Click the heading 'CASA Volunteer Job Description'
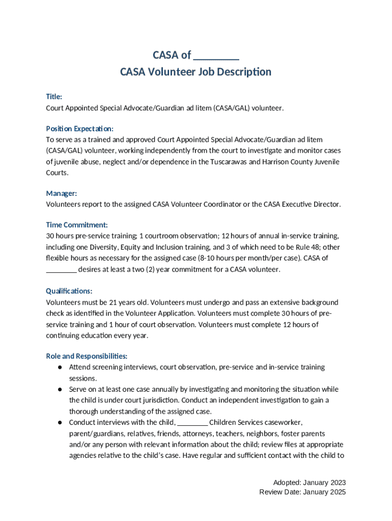(x=195, y=72)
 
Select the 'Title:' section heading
(x=54, y=97)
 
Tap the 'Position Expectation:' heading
(x=80, y=129)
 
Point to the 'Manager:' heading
(x=62, y=193)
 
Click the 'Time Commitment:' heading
(x=77, y=225)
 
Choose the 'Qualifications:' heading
(x=69, y=291)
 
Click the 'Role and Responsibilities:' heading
(x=87, y=356)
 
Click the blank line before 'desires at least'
(x=61, y=270)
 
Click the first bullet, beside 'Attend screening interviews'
(x=60, y=367)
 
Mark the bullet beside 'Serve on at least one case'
(x=60, y=389)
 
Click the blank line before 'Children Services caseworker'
(x=193, y=422)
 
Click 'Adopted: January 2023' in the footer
(x=309, y=482)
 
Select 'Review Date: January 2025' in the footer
(x=302, y=492)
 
